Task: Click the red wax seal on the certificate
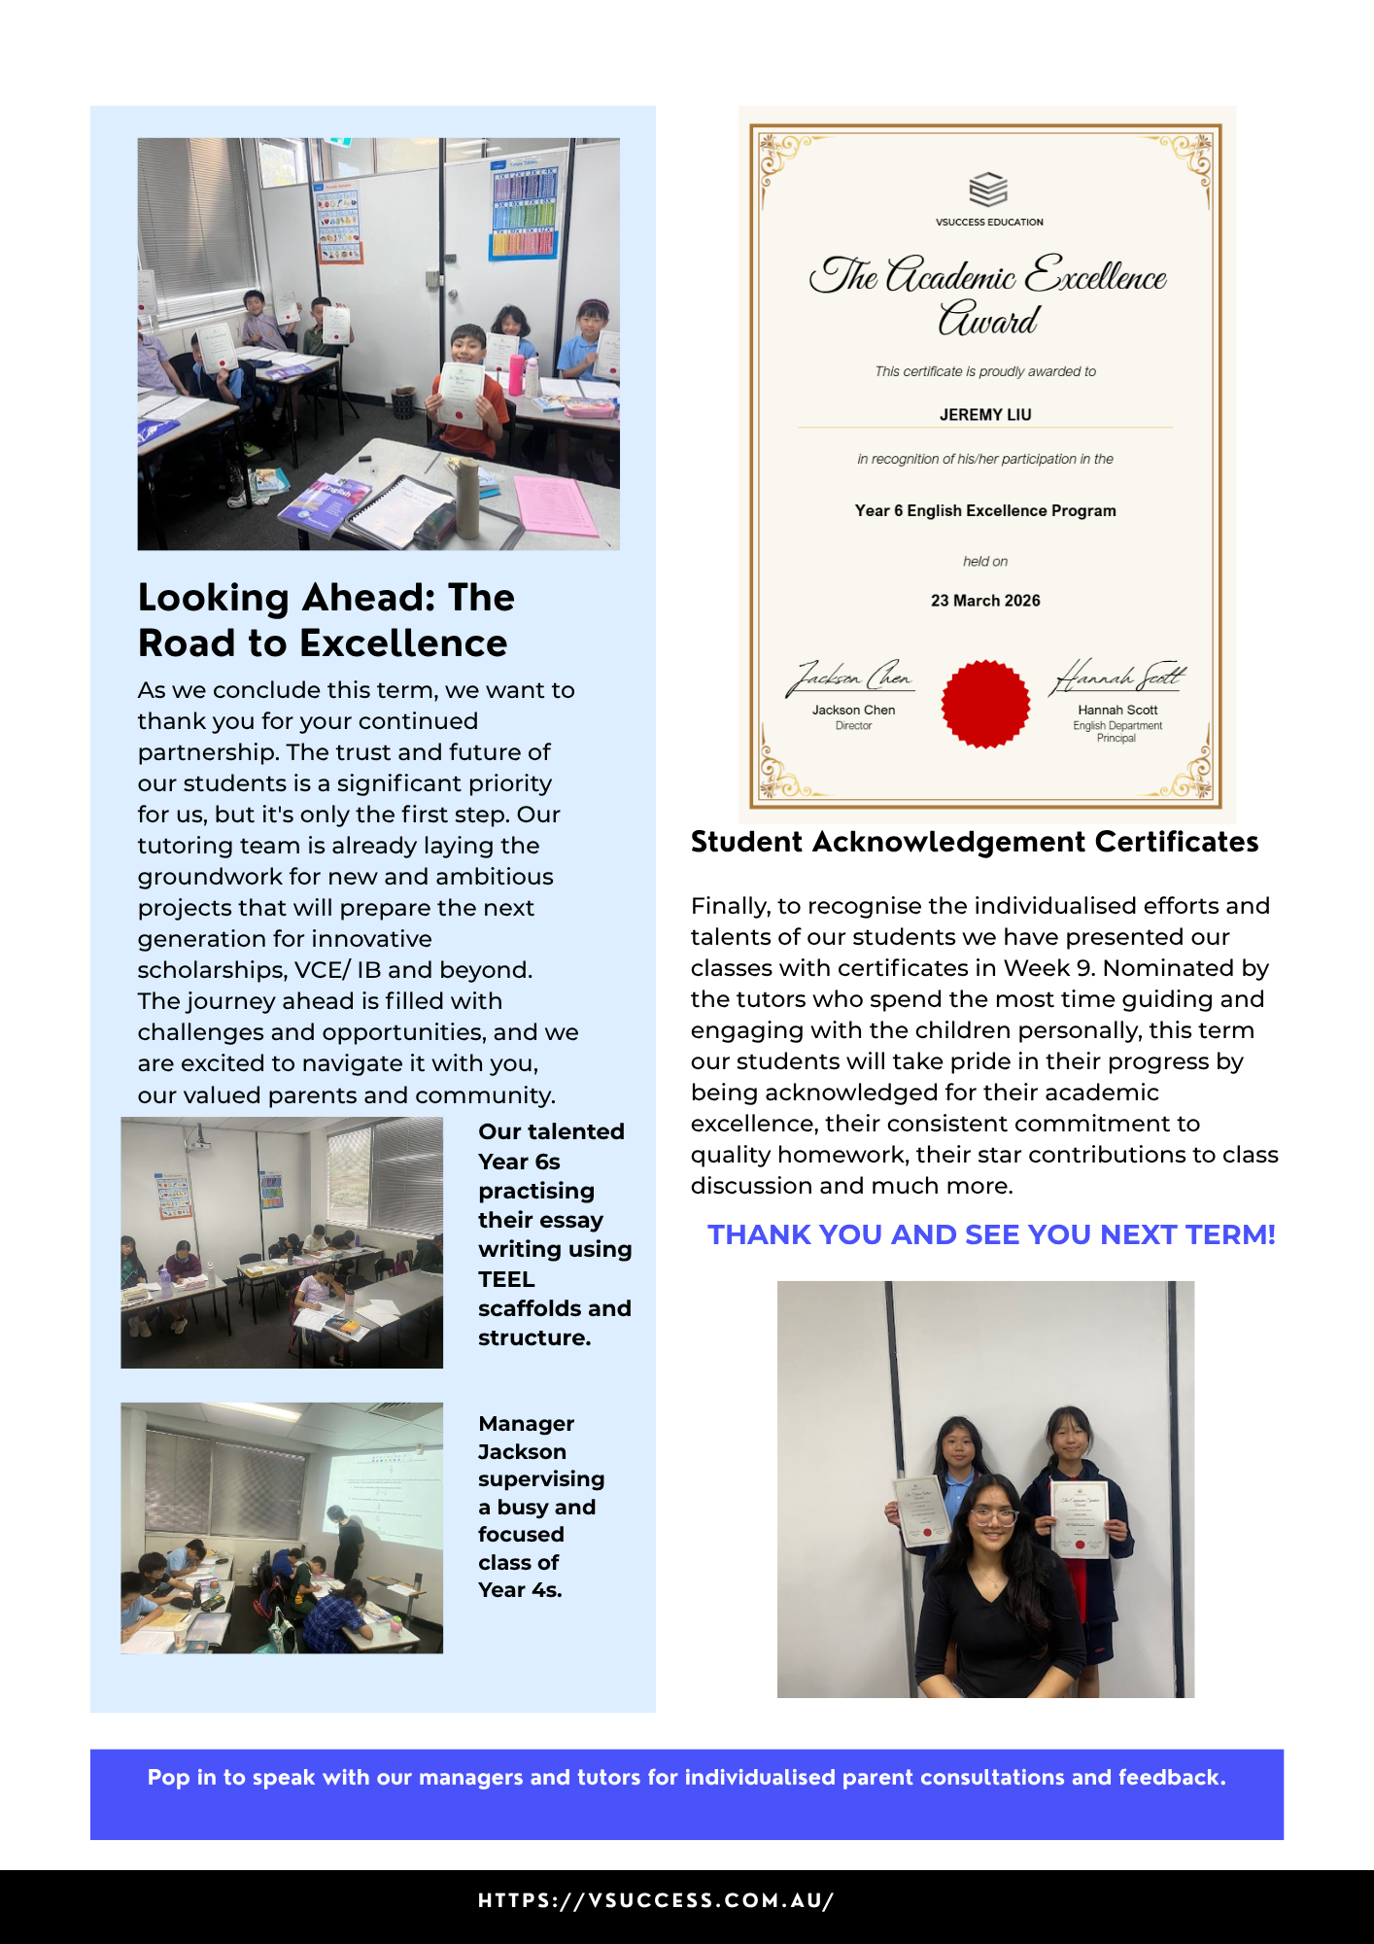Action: click(x=985, y=704)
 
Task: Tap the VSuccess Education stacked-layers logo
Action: click(x=988, y=190)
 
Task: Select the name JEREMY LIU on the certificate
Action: click(x=985, y=415)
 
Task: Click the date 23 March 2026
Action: click(x=985, y=601)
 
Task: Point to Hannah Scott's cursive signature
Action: click(x=1117, y=676)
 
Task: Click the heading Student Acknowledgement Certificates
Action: click(x=974, y=842)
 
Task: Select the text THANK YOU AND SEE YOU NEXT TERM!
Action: click(x=991, y=1234)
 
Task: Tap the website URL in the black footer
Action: click(x=656, y=1900)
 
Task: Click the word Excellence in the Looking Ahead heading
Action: click(x=403, y=643)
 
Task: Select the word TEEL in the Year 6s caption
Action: click(x=506, y=1279)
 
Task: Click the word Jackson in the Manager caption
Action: click(x=522, y=1451)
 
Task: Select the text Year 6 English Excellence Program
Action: click(x=985, y=511)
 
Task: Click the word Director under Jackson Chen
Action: click(x=853, y=726)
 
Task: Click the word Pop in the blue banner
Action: click(x=168, y=1778)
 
